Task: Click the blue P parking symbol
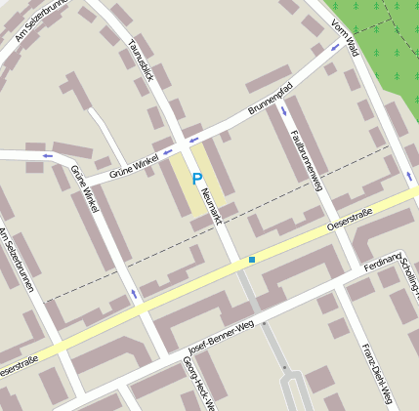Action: pyautogui.click(x=196, y=180)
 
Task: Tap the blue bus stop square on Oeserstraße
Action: pyautogui.click(x=252, y=260)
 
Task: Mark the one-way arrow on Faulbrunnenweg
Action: pyautogui.click(x=284, y=110)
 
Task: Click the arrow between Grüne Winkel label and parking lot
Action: pyautogui.click(x=167, y=151)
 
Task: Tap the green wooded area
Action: pyautogui.click(x=386, y=49)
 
